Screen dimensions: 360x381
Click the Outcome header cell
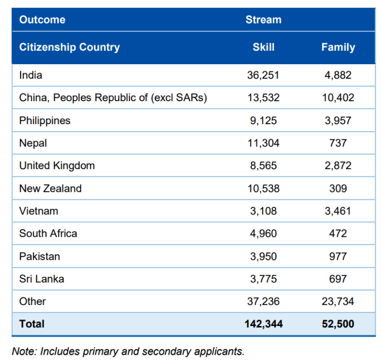[x=42, y=20]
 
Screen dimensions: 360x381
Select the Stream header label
[x=263, y=20]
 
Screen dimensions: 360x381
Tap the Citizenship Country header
[x=70, y=47]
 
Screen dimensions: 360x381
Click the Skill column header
[x=263, y=47]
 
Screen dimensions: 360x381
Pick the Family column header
[x=338, y=47]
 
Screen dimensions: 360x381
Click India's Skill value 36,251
[x=263, y=75]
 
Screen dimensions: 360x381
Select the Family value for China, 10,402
[x=338, y=98]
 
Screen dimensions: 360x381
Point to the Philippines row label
[x=45, y=120]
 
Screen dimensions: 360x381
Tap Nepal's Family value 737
[x=338, y=143]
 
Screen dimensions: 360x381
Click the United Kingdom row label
[x=57, y=165]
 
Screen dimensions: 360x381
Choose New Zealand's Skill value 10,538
[x=263, y=188]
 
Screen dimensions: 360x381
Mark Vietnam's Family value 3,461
[x=338, y=211]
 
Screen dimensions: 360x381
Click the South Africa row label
[x=48, y=233]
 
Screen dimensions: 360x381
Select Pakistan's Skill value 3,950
[x=263, y=256]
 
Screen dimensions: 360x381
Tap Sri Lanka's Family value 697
[x=338, y=279]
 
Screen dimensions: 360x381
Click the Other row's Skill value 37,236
[x=263, y=302]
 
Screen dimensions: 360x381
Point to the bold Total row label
[x=32, y=324]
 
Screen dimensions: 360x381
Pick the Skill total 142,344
[x=263, y=324]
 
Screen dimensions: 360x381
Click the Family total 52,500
[x=338, y=324]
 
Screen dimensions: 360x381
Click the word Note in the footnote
[x=24, y=351]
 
